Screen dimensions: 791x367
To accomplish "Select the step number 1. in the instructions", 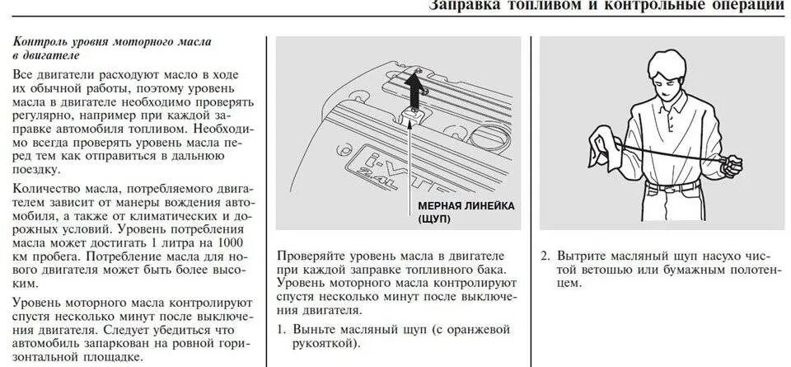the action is click(282, 330).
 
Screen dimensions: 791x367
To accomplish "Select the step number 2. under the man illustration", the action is click(545, 256).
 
